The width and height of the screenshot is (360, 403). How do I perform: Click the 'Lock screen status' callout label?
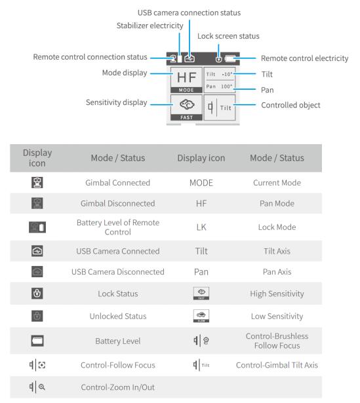(228, 36)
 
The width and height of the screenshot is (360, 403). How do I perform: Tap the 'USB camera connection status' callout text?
(189, 12)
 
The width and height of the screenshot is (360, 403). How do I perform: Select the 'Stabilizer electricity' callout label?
(150, 26)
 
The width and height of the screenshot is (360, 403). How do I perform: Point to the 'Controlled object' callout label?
(290, 105)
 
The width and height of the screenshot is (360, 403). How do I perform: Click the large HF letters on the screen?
(187, 77)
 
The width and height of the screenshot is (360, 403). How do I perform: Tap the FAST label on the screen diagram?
(186, 117)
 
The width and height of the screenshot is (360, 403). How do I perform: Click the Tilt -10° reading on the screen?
(219, 74)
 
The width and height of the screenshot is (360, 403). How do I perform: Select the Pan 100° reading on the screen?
(219, 86)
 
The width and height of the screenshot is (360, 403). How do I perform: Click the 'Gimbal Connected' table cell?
(118, 183)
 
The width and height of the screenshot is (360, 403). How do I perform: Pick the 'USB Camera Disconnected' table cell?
(118, 272)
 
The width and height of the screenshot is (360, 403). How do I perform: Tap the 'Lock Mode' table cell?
(277, 227)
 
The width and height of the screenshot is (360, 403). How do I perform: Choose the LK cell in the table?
(201, 227)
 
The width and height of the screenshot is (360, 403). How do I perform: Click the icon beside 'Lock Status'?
(37, 294)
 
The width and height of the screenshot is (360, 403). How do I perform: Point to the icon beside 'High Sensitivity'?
(201, 294)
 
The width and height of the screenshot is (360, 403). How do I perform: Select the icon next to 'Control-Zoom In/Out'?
(37, 387)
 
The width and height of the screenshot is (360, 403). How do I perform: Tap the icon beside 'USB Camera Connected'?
(37, 251)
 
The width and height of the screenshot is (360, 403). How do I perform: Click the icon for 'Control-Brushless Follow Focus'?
(201, 341)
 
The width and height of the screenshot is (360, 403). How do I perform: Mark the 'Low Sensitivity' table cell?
(277, 316)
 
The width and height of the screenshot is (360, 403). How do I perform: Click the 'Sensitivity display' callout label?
(117, 102)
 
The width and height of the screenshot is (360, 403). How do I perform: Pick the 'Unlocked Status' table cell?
(118, 316)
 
